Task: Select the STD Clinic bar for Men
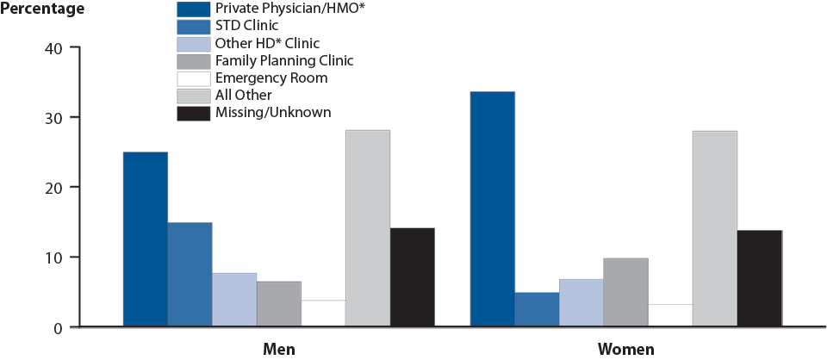(190, 275)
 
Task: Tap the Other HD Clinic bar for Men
(234, 300)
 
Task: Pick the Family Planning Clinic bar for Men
(278, 304)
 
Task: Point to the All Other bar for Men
(367, 228)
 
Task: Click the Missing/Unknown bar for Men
(412, 277)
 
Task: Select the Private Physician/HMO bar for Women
(493, 209)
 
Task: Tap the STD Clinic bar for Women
(537, 309)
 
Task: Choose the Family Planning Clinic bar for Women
(625, 293)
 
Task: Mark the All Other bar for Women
(714, 229)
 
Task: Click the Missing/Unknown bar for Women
(759, 278)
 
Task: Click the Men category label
(280, 349)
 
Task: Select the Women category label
(626, 349)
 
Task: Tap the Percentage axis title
(43, 9)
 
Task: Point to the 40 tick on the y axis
(52, 47)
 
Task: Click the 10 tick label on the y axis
(52, 258)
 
